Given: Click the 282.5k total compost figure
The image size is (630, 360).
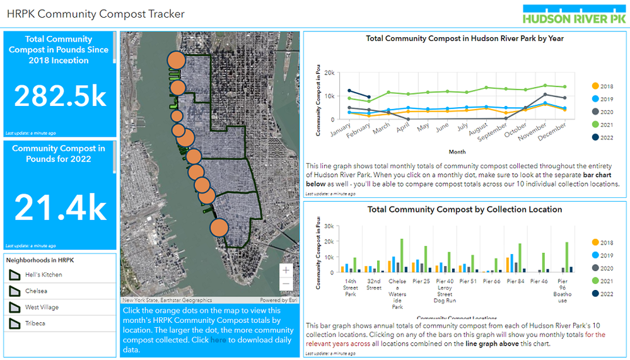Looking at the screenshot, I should point(61,96).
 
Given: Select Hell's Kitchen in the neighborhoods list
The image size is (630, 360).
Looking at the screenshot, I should point(44,275).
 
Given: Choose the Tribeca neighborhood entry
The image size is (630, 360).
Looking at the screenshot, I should point(36,323).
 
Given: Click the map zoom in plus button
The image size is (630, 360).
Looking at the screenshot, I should point(286,270).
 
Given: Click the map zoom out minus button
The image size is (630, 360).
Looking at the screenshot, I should point(286,284).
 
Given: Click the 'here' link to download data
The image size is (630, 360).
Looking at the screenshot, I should point(218,340).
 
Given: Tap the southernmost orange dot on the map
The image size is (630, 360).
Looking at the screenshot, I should point(219,228).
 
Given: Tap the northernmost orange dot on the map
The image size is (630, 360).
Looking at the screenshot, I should point(176,61).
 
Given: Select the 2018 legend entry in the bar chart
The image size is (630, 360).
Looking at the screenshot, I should point(606,243).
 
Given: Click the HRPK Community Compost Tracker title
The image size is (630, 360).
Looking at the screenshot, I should point(95,14).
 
